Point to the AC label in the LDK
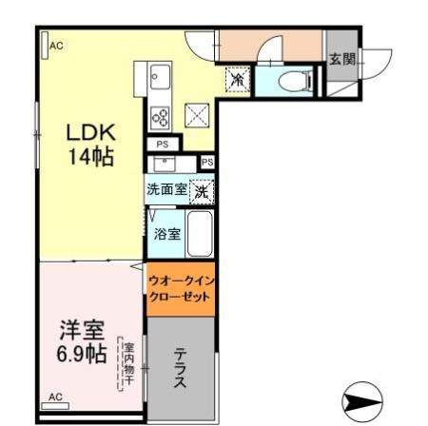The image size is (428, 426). coord(55,45)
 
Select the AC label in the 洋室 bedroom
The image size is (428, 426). coord(55,396)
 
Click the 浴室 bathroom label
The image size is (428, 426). coord(168,234)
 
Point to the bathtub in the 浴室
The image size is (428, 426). coord(200,234)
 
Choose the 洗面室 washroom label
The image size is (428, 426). coord(166,189)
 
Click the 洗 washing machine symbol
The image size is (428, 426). coord(202,190)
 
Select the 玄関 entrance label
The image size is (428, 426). coord(342,59)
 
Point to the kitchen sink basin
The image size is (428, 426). coord(159,76)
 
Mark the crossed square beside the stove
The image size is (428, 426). coord(196,114)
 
